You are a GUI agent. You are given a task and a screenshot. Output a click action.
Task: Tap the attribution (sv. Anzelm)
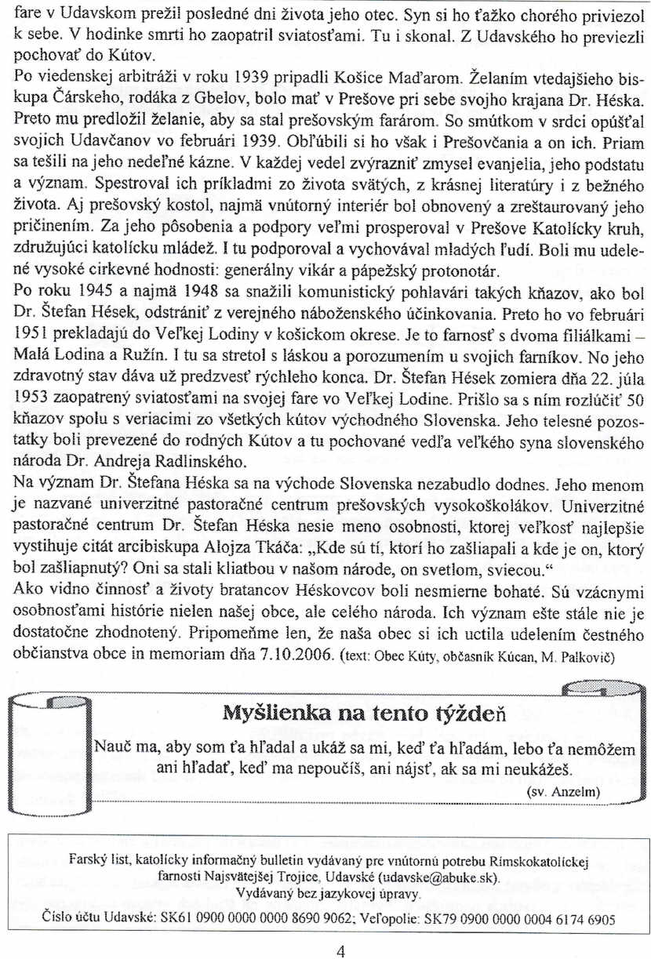pos(562,792)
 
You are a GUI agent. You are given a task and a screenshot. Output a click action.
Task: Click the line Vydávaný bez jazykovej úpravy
pos(329,894)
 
